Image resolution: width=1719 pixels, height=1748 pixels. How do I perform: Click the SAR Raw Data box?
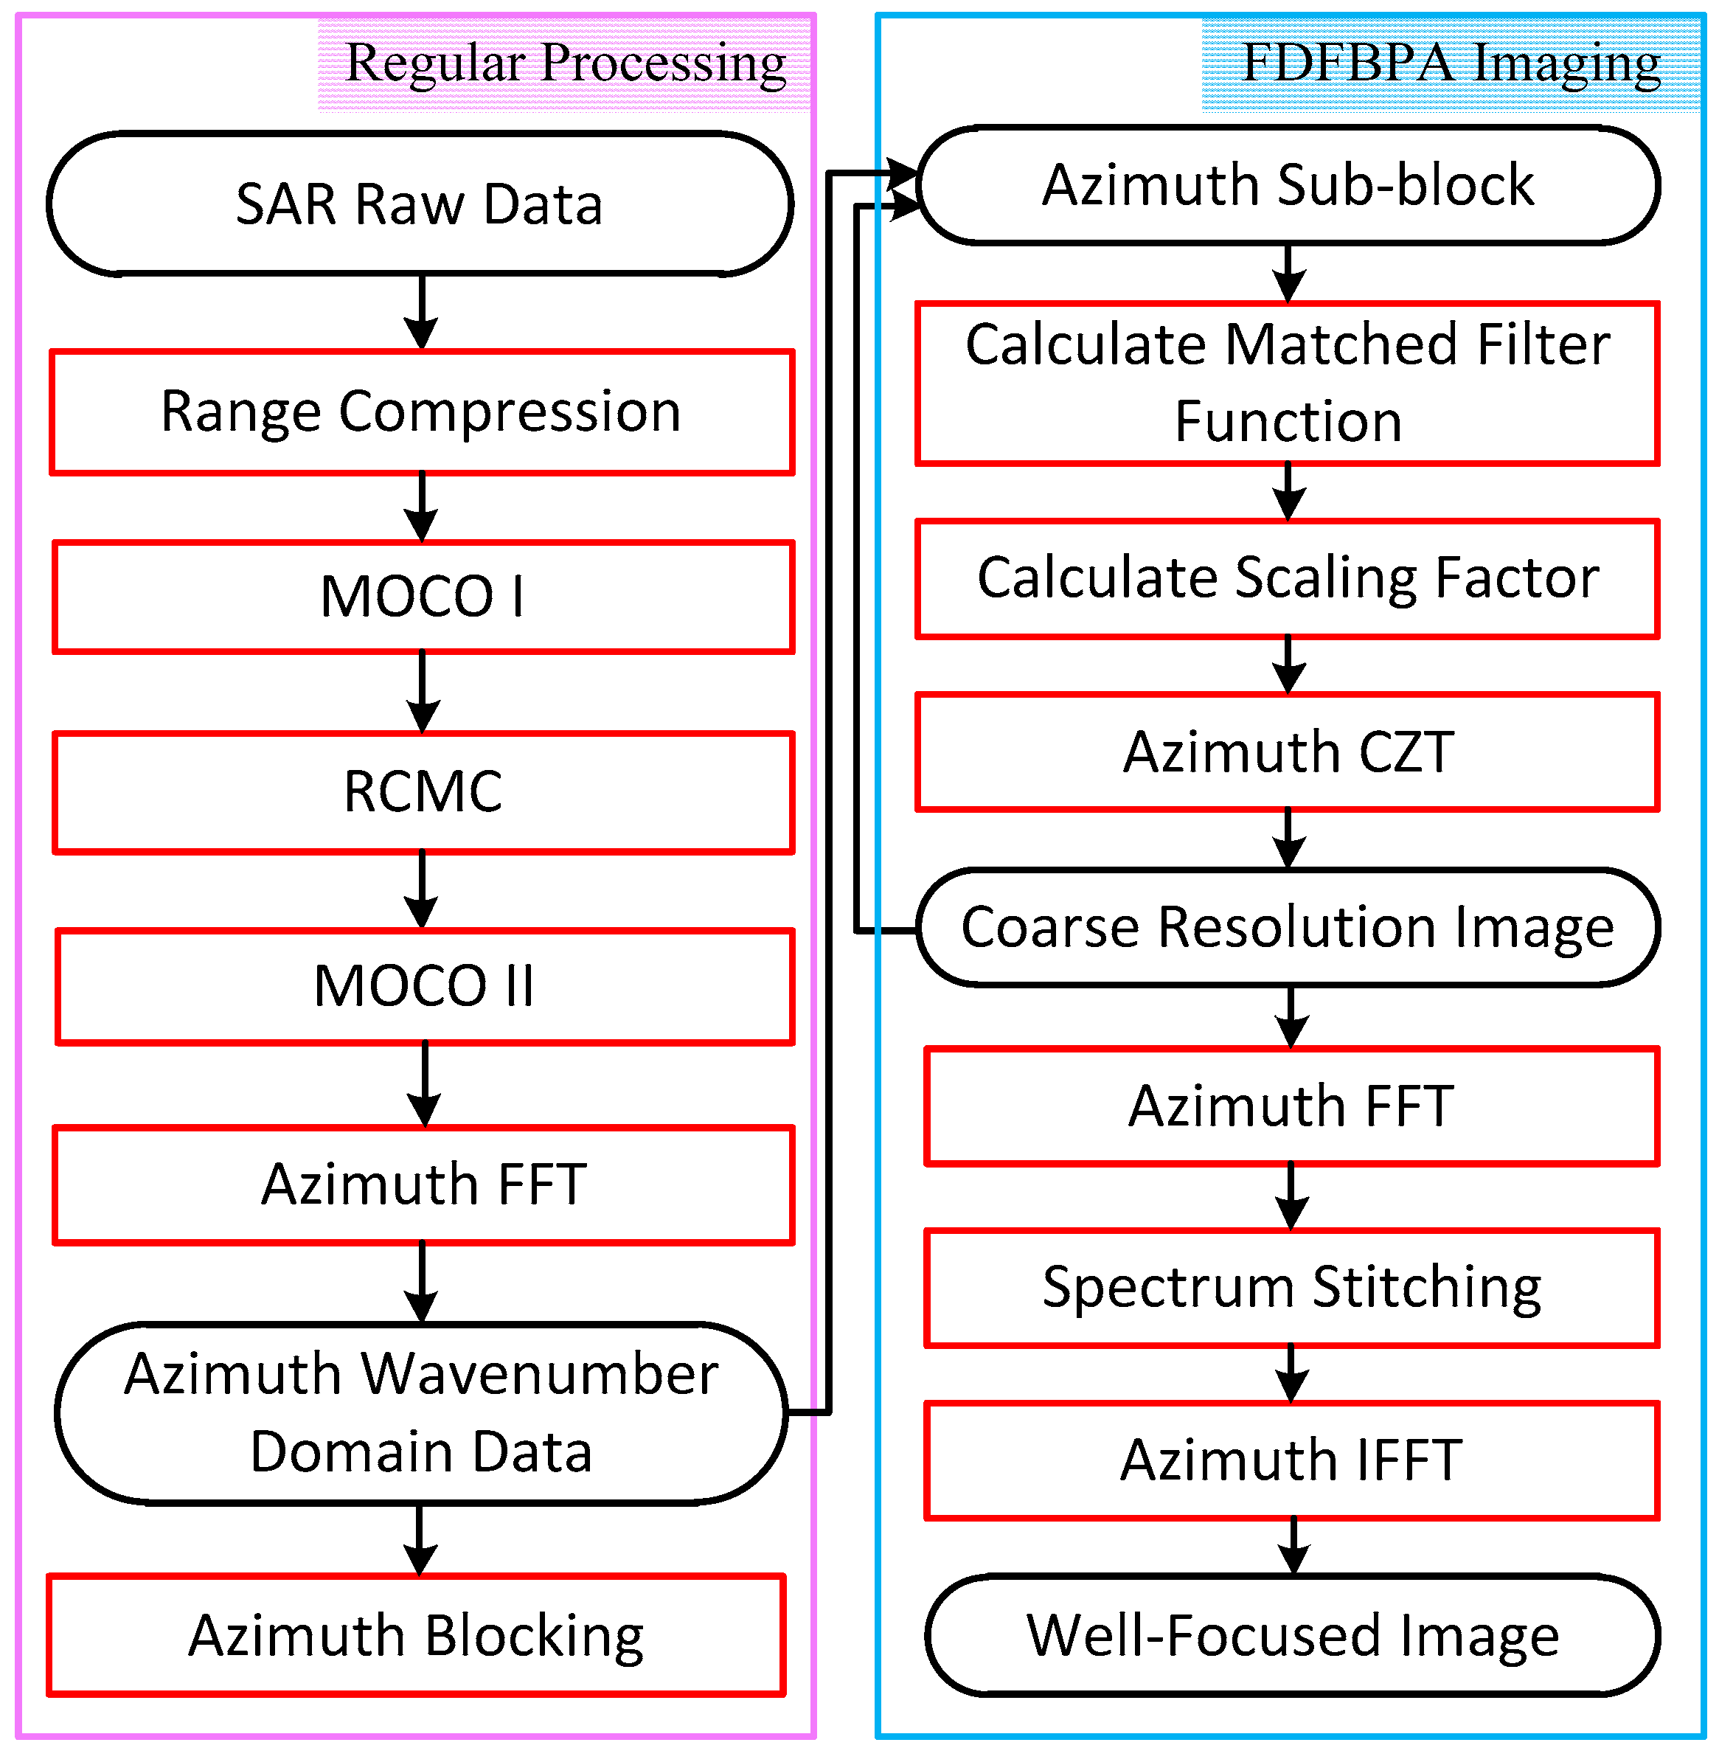click(420, 204)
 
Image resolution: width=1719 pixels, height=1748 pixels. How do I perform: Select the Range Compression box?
click(422, 412)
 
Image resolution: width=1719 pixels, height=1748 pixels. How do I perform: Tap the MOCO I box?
click(423, 597)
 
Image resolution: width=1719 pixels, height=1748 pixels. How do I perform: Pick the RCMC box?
click(423, 792)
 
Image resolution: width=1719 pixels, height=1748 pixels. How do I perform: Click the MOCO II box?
click(424, 986)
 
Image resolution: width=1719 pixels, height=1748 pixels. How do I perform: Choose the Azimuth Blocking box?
click(416, 1636)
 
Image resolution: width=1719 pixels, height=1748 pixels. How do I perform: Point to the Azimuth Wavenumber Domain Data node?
click(421, 1413)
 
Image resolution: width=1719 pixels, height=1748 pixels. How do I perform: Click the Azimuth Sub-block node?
click(1288, 185)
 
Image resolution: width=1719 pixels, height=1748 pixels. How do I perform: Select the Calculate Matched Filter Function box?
click(1288, 384)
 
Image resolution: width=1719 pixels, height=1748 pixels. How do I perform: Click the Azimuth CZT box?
click(1288, 752)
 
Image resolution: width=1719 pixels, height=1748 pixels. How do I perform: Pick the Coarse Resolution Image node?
click(1288, 927)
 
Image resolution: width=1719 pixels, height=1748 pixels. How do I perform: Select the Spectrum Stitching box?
click(1292, 1288)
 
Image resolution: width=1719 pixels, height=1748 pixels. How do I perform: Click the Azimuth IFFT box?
click(1292, 1461)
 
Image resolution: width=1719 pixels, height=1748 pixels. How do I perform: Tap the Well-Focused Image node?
click(1292, 1636)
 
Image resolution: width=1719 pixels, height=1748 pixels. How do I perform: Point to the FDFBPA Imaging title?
click(1451, 63)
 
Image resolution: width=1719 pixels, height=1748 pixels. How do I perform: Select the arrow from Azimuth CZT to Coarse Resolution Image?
click(1288, 839)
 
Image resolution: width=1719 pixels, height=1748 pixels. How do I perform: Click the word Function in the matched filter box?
click(1288, 422)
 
